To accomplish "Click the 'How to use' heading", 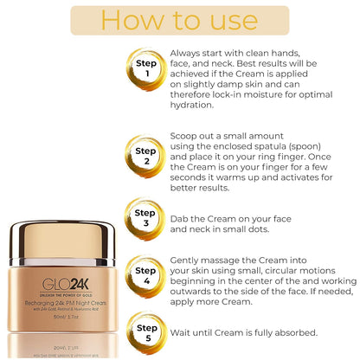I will click(x=179, y=21).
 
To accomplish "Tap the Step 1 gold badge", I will click(x=145, y=68).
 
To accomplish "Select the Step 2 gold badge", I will click(x=145, y=156).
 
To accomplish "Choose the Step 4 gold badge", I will click(x=145, y=274).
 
